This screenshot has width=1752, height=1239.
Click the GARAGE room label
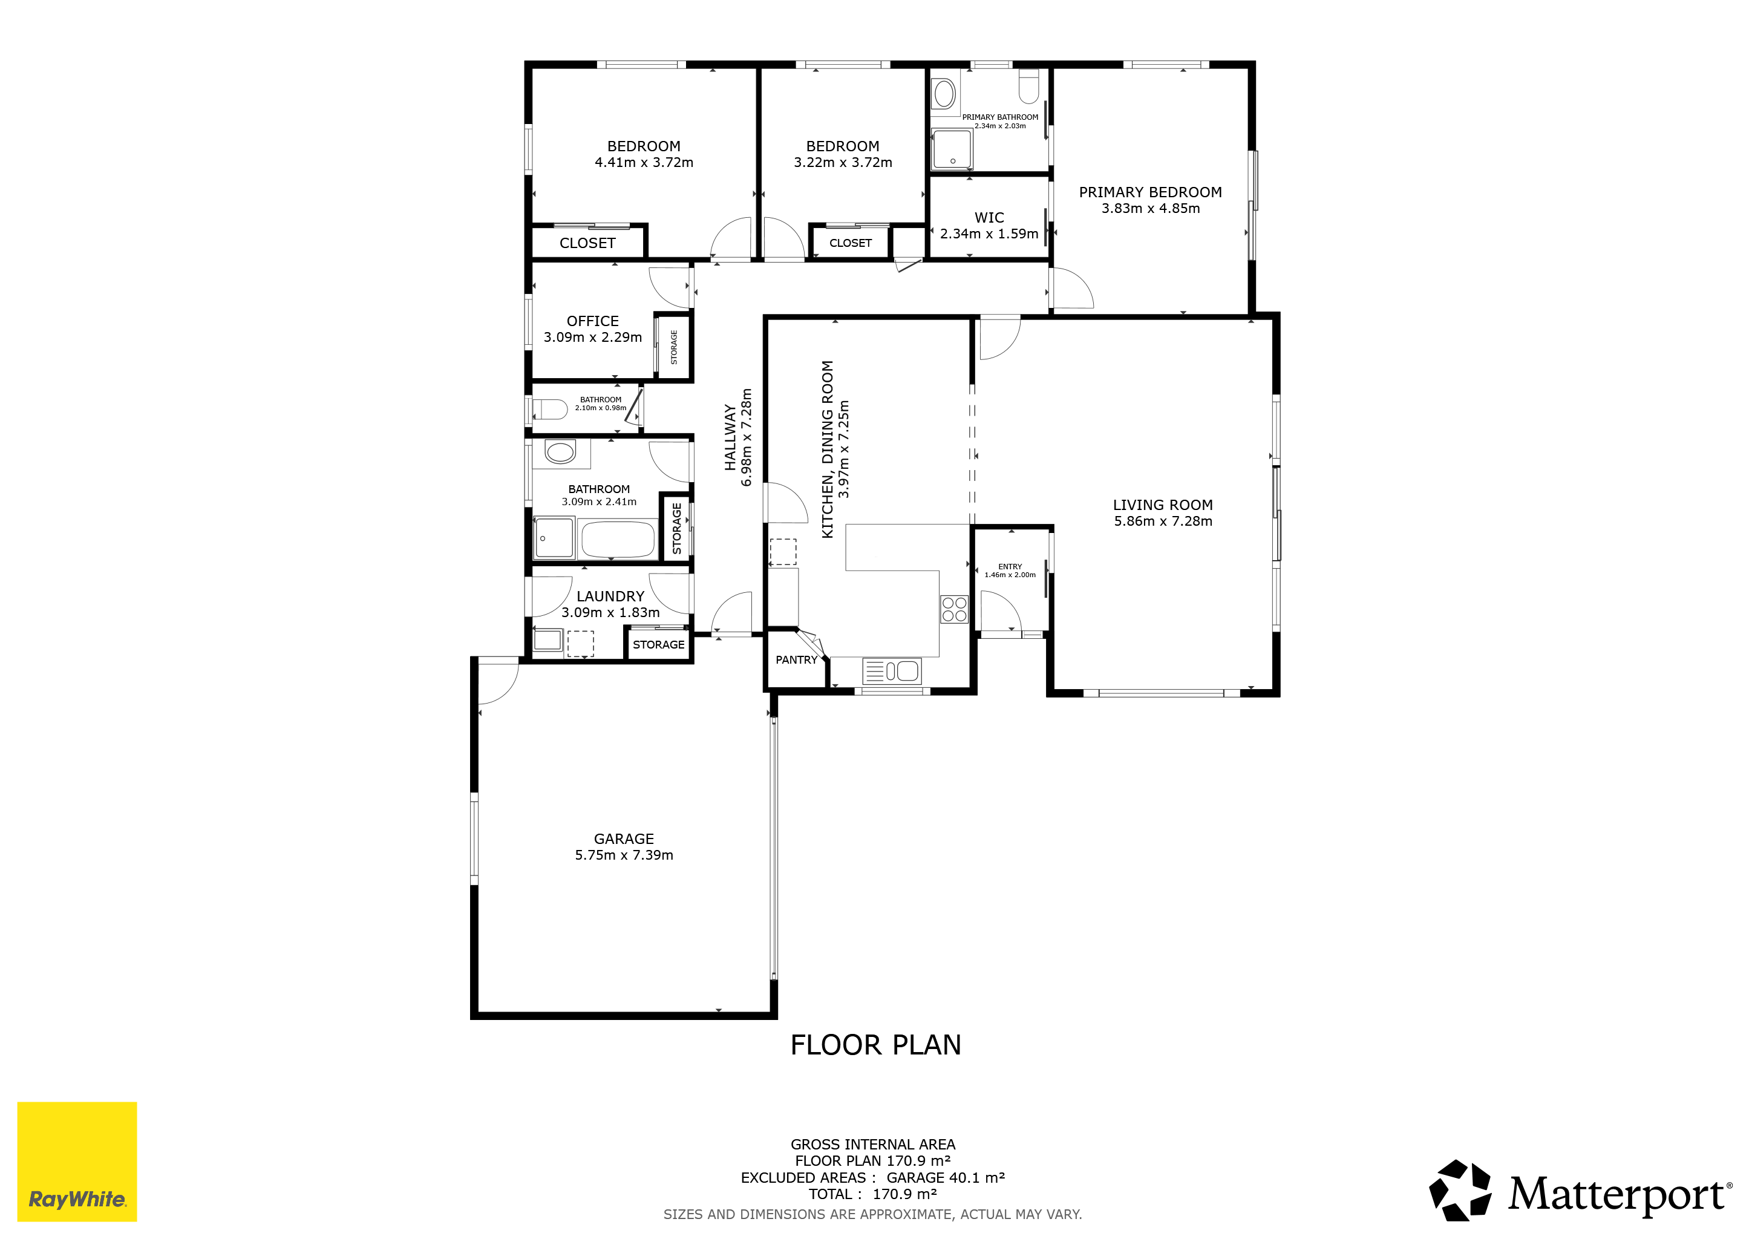point(624,839)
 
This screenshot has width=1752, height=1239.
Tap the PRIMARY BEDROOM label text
point(1150,192)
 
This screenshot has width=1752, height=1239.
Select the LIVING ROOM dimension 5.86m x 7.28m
point(1163,521)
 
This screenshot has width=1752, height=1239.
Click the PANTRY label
point(796,660)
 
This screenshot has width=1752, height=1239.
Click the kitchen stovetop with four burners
point(954,609)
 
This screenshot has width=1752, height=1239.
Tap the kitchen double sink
point(891,670)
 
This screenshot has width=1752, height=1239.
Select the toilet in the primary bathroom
point(1028,85)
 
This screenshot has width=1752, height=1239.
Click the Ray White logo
point(77,1160)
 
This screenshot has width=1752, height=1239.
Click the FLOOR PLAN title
point(875,1044)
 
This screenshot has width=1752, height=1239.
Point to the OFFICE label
point(592,321)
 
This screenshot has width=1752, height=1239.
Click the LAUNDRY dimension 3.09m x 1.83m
point(610,613)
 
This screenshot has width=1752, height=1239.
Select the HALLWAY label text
point(730,437)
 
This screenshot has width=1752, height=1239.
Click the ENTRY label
point(1010,567)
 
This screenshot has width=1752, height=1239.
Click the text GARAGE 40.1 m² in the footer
point(946,1177)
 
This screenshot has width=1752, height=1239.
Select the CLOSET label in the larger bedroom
point(587,243)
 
